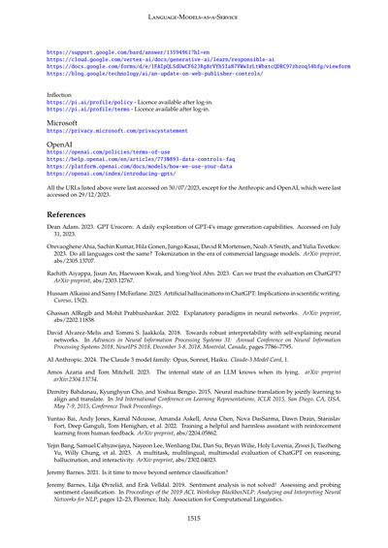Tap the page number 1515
tap(193, 519)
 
